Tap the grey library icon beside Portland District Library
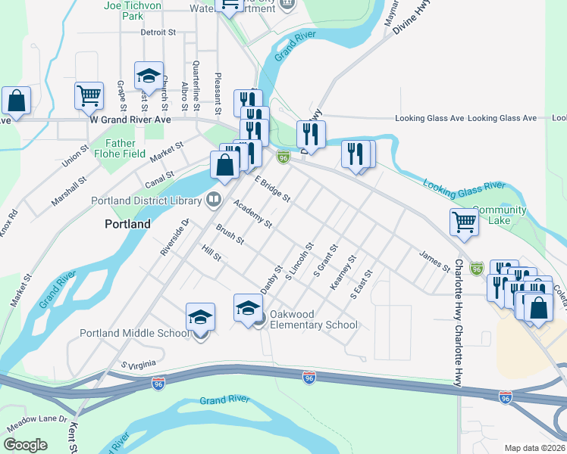[215, 200]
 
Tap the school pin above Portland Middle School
[201, 317]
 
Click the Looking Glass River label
[464, 185]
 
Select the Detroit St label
[158, 33]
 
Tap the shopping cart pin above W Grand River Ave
[89, 96]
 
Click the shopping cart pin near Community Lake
[464, 222]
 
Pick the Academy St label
[252, 214]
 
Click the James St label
[434, 261]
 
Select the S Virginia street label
[137, 365]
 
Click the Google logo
[25, 445]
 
